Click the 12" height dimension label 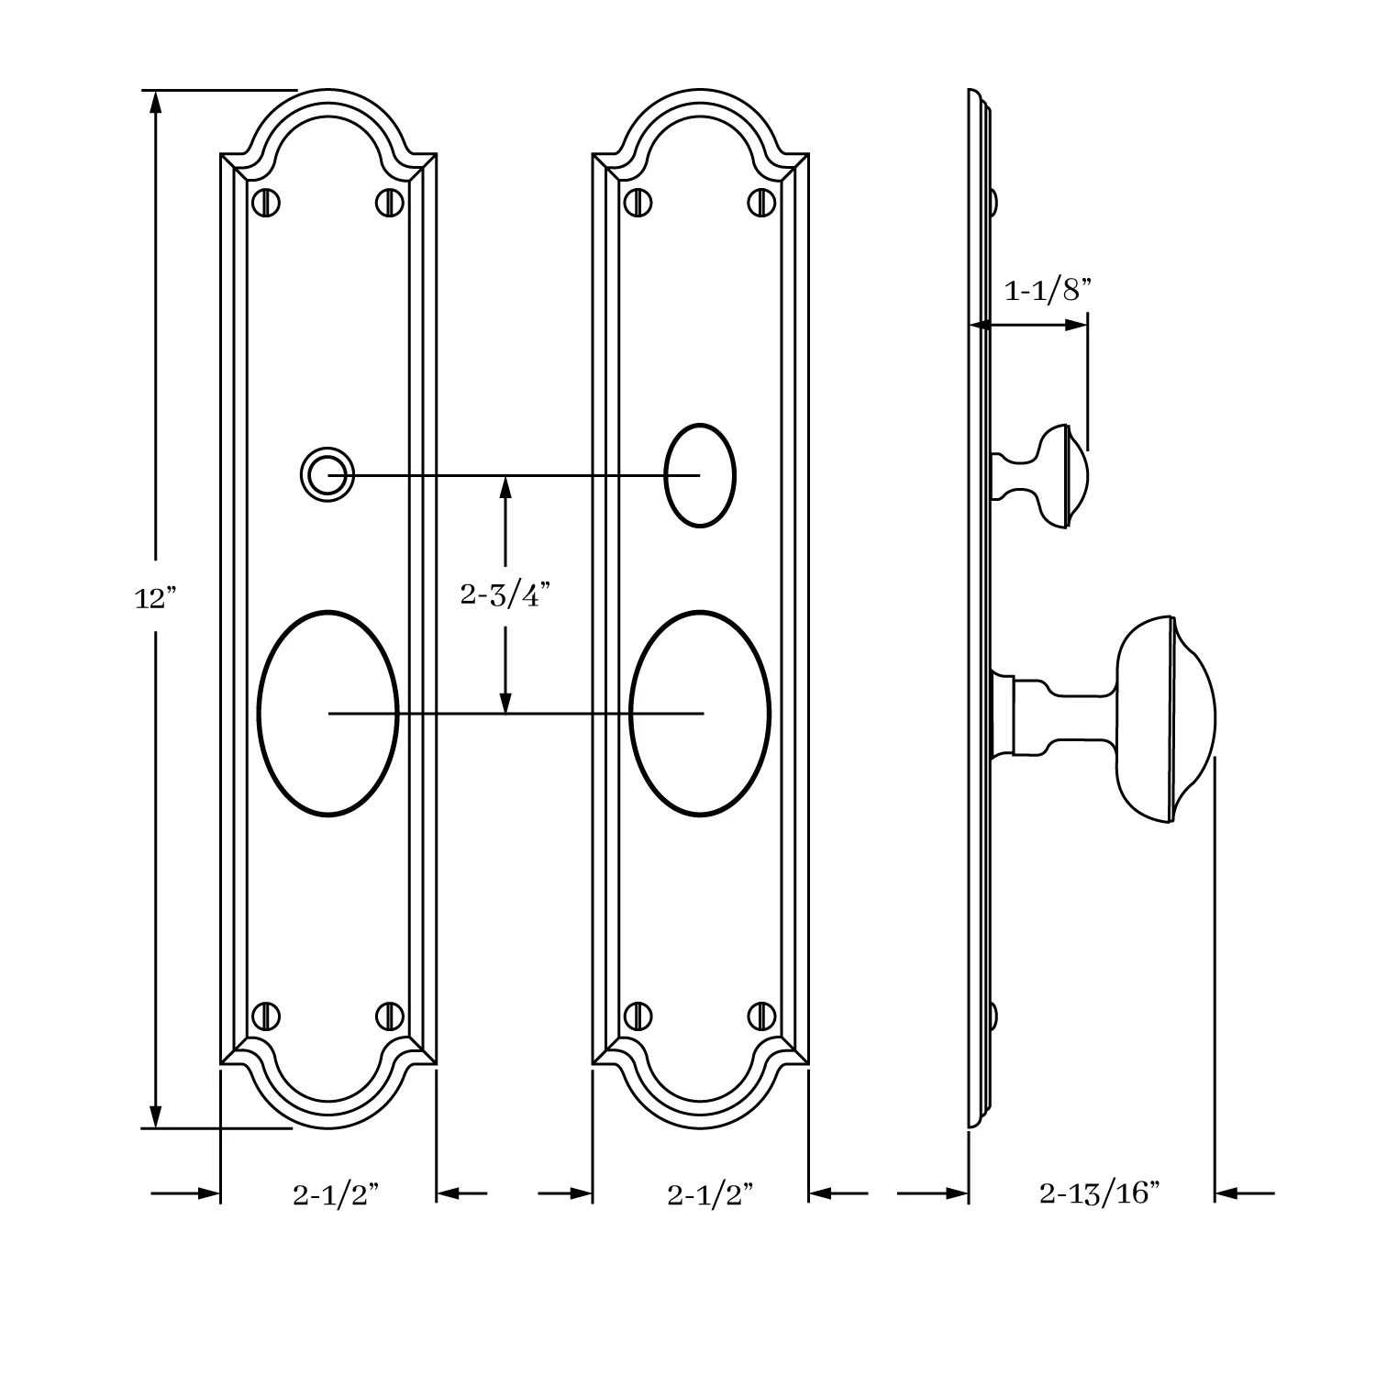(154, 599)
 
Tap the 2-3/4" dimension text (505, 595)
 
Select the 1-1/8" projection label (1049, 291)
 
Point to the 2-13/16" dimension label (1100, 1193)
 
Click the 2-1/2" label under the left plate (336, 1194)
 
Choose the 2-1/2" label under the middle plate (710, 1194)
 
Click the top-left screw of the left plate (266, 202)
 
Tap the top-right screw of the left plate (390, 202)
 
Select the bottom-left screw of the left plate (266, 1015)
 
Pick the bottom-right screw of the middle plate (762, 1015)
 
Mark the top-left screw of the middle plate (638, 202)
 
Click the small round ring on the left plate (327, 475)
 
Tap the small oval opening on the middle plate (700, 475)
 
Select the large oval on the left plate (328, 713)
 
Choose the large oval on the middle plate (701, 713)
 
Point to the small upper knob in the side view (1046, 475)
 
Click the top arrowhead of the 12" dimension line (156, 101)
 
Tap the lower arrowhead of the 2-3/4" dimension (505, 702)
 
